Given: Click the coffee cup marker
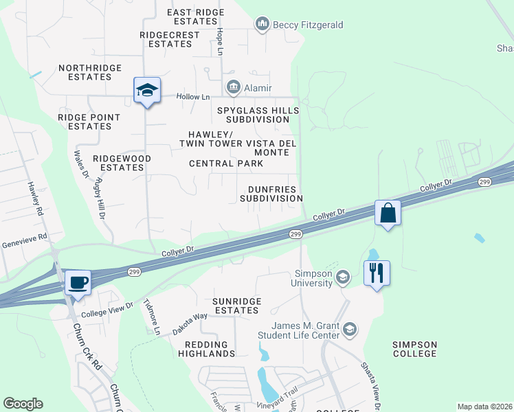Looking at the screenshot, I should (x=78, y=282).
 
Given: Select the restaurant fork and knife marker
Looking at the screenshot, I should (x=377, y=273).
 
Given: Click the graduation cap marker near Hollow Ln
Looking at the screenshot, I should (x=147, y=91).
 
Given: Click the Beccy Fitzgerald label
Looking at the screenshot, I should (x=298, y=25).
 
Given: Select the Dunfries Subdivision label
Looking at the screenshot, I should (x=271, y=193).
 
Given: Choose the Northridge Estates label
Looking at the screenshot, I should (x=90, y=72).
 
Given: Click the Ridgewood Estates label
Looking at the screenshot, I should (x=122, y=163).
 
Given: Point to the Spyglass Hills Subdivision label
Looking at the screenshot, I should (x=258, y=115).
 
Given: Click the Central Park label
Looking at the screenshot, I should (x=226, y=163).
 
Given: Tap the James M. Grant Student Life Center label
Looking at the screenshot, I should (x=306, y=330).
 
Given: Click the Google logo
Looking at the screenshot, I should (x=23, y=404).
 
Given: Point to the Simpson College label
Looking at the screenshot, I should (x=414, y=348).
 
